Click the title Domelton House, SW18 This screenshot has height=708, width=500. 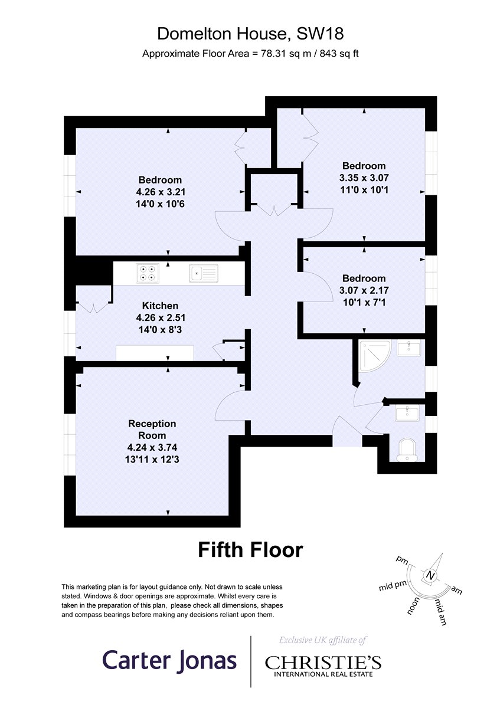coord(250,34)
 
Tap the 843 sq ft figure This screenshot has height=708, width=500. coord(339,54)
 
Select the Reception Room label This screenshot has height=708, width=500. coord(152,430)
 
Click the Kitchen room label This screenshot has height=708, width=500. coord(160,306)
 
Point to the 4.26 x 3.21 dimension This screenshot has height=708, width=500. coord(161,192)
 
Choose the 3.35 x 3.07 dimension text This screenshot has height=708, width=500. coord(364,178)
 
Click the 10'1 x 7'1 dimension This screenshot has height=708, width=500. coord(364,303)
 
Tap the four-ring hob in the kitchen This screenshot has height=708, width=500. coord(148,273)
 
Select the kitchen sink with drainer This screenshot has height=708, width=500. coord(204,273)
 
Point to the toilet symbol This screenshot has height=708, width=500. coord(407,450)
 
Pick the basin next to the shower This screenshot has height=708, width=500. coord(409,348)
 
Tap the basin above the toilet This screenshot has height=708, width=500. coord(407,413)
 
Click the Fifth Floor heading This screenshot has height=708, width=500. coord(250,550)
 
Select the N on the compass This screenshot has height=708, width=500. coord(430,575)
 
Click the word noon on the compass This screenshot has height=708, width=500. coord(413,605)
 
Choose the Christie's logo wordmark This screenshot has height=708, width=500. coord(323,663)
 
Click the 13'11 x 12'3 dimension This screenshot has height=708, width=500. coord(152,459)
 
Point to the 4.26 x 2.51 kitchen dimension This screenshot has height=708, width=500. coord(161,317)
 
